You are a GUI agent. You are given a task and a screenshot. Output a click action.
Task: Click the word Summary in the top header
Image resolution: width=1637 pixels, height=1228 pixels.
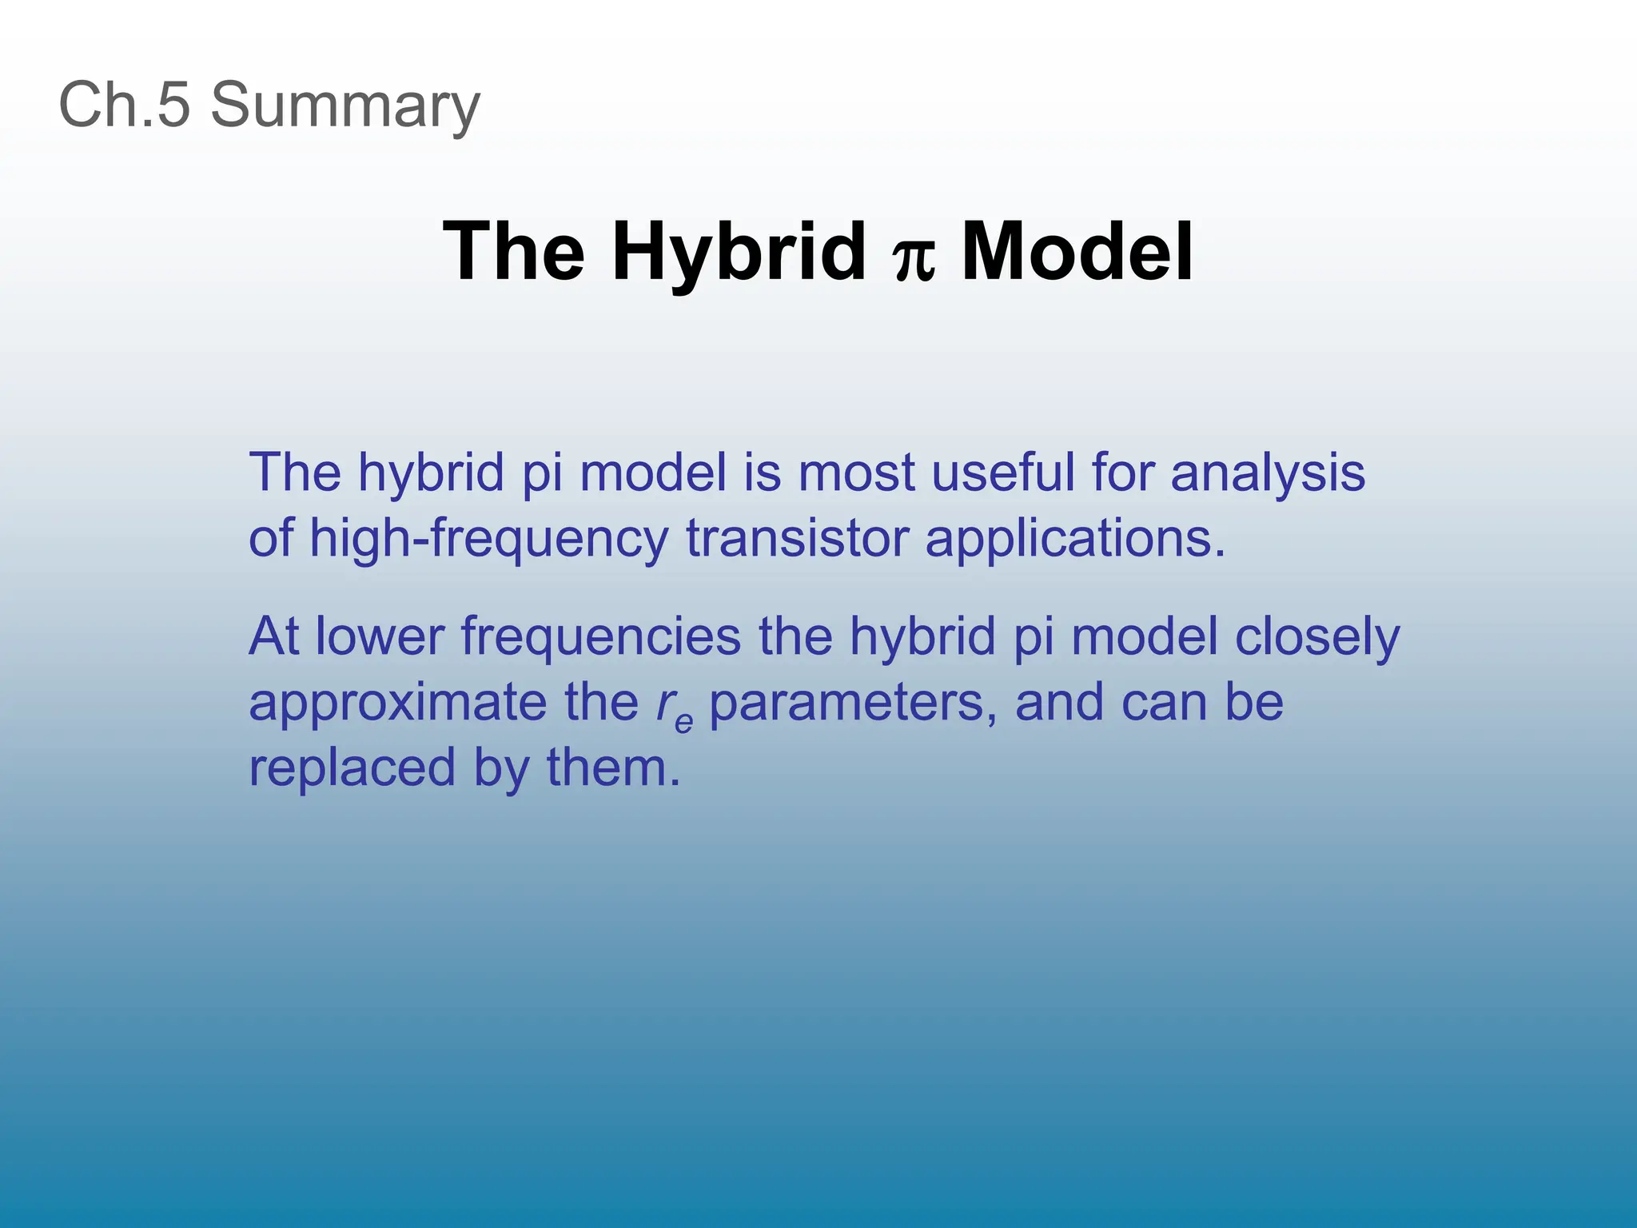345,105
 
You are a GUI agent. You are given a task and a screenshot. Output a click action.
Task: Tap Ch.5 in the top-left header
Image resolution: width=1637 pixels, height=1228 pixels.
125,105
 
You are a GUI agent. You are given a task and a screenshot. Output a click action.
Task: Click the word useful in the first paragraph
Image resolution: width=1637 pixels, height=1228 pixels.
1002,472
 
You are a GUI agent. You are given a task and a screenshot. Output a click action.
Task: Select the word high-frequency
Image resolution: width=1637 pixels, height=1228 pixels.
488,539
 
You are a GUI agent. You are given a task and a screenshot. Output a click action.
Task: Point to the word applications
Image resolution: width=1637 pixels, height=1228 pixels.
1073,539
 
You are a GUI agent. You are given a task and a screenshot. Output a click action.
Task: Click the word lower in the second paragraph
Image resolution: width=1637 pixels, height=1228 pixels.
379,636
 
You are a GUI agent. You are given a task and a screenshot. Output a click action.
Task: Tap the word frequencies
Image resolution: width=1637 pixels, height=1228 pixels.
601,638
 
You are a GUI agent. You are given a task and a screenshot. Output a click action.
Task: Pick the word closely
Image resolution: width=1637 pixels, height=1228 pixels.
1316,638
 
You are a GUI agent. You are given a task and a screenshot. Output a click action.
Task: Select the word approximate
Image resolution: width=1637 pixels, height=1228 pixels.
397,704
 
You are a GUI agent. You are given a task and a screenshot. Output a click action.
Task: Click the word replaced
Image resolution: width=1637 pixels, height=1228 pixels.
352,767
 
